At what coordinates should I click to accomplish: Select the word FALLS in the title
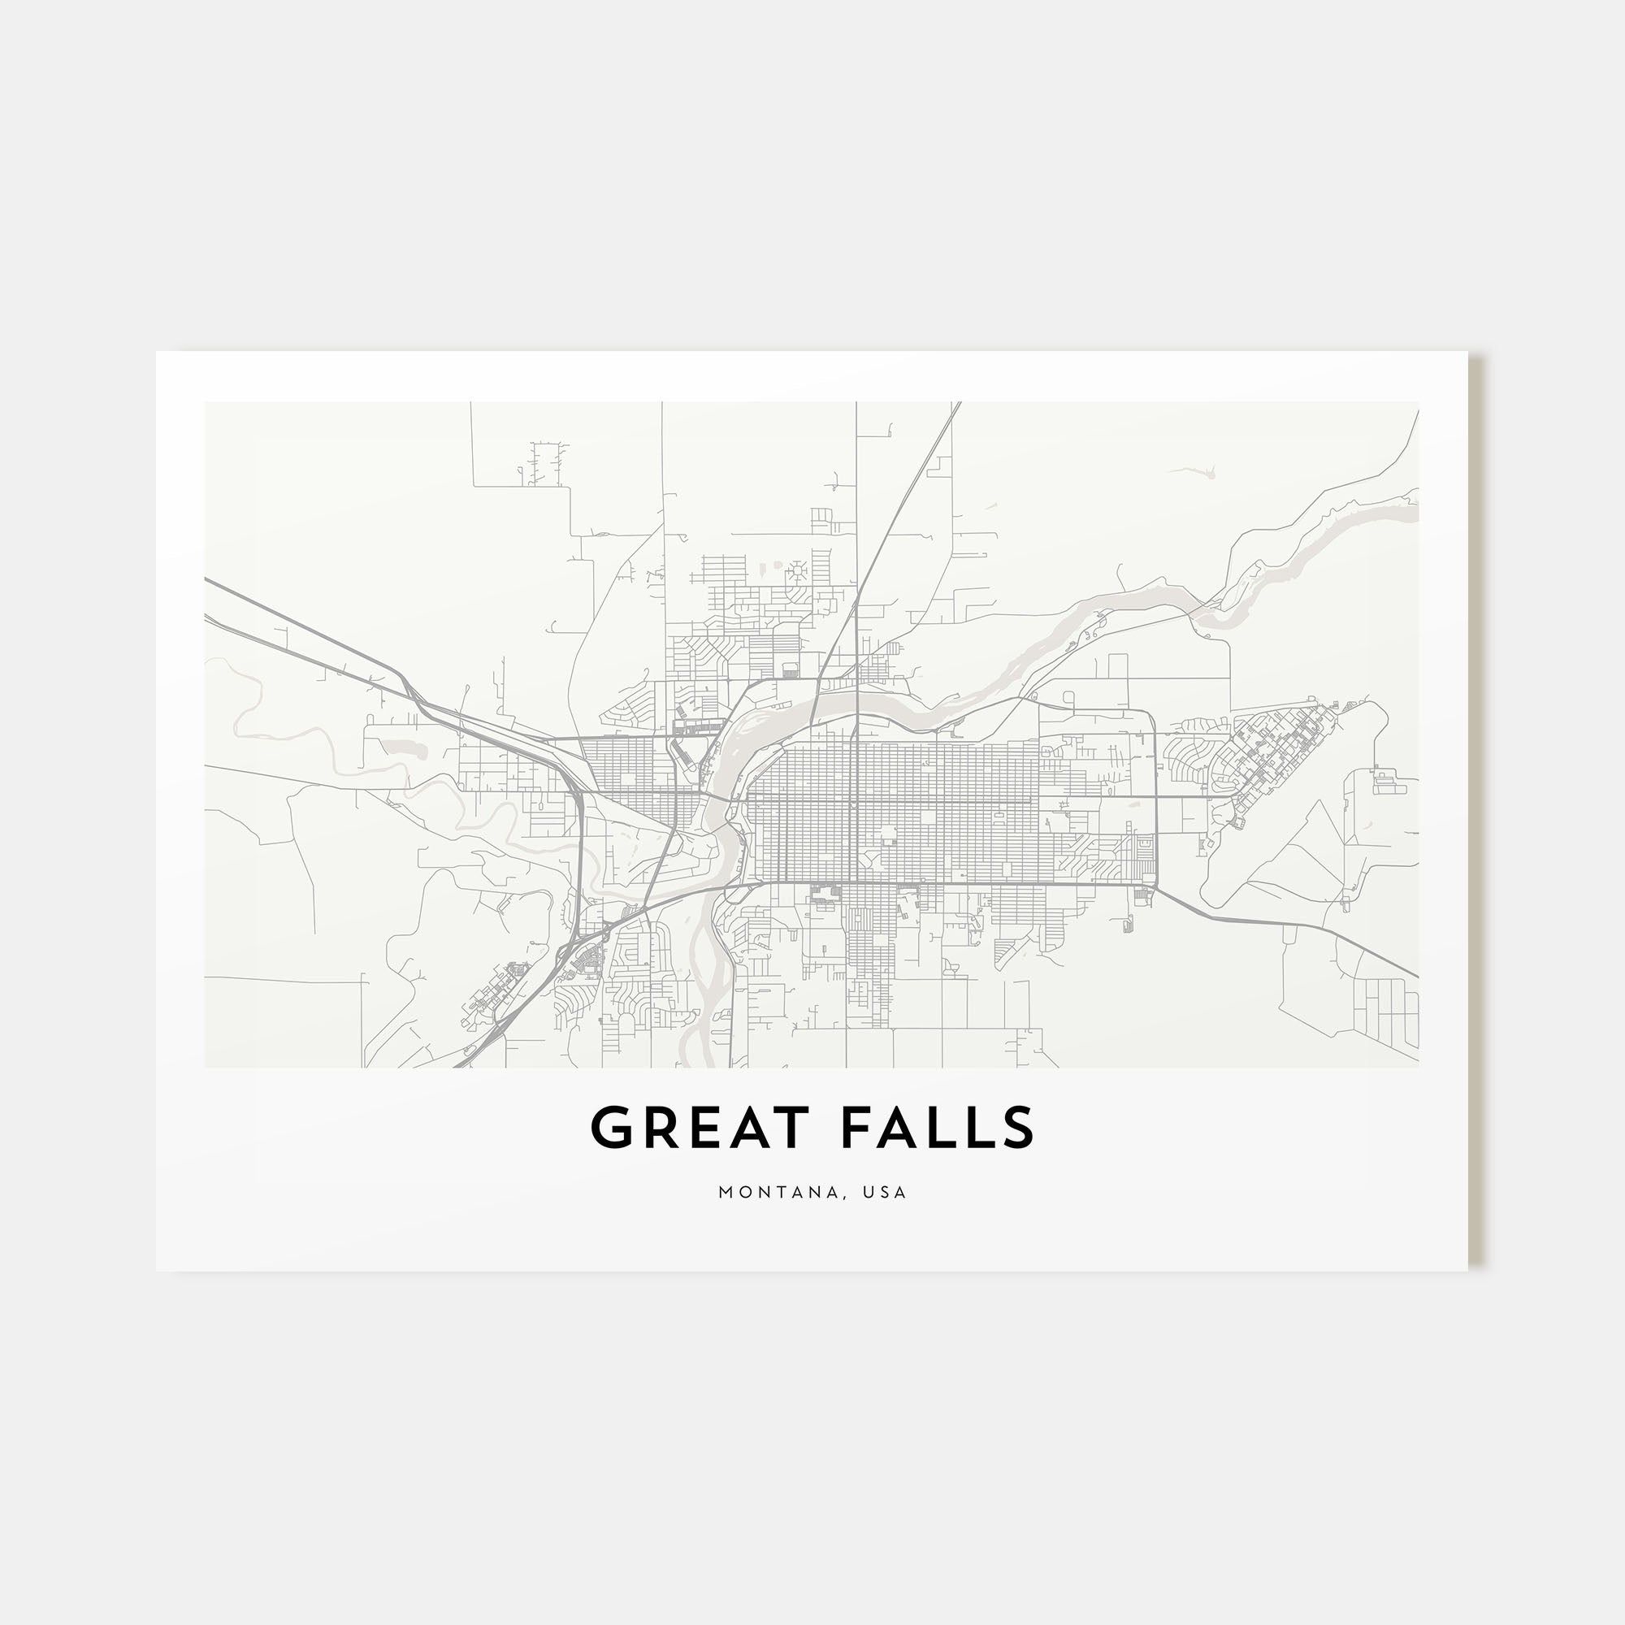937,1128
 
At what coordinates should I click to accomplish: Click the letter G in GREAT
613,1128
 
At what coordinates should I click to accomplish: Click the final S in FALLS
1018,1128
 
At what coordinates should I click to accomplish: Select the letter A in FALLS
895,1128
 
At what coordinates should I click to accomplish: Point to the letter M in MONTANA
725,1193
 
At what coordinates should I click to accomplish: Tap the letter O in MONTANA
743,1193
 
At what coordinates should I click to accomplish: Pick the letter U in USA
874,1193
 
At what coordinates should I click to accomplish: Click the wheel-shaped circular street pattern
795,574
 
